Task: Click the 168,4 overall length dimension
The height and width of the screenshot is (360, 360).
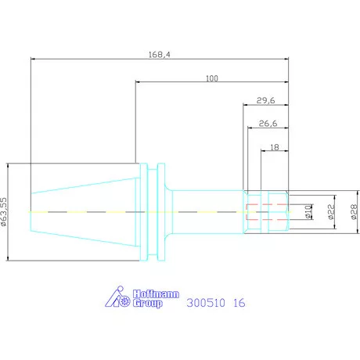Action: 160,55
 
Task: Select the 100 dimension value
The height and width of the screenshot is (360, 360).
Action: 212,78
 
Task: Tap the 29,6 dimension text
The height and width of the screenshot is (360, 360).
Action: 265,100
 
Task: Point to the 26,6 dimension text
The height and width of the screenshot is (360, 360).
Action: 268,124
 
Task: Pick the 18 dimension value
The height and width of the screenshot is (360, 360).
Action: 275,147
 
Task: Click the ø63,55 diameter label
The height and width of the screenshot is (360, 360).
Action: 3,211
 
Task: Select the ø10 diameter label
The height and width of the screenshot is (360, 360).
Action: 308,211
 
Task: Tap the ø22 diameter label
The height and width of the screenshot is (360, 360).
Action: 331,211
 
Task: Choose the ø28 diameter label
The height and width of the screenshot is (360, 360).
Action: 354,211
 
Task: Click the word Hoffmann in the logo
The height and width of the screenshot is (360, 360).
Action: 156,294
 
